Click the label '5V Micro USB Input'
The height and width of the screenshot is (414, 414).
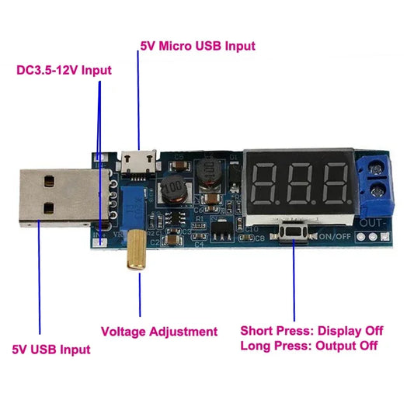click(x=197, y=46)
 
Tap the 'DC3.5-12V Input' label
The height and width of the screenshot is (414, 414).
click(x=64, y=70)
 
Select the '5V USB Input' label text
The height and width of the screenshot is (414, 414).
click(x=50, y=349)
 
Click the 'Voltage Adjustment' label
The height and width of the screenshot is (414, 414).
click(x=159, y=332)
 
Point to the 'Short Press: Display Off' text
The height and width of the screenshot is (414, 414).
click(x=311, y=331)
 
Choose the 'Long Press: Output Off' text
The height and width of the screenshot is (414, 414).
click(x=309, y=346)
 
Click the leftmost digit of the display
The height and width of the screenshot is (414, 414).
click(x=266, y=183)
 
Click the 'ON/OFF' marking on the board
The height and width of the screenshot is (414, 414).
click(x=333, y=235)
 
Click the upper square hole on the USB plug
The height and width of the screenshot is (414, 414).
click(x=50, y=183)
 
